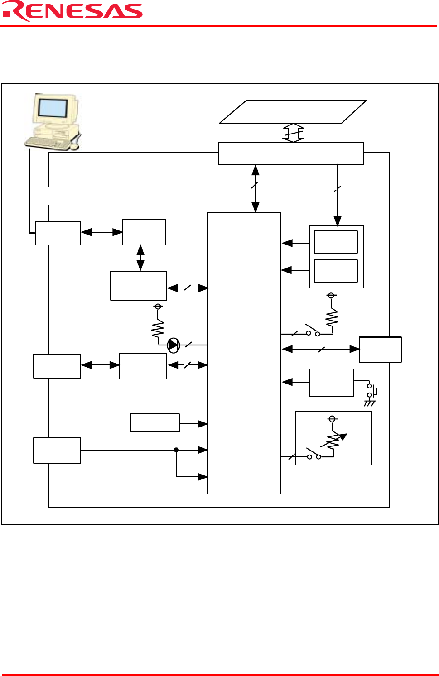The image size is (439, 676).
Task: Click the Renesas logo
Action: coord(72,12)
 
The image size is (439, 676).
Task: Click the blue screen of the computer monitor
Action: coord(53,108)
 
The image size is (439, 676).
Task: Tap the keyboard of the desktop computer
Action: coord(48,143)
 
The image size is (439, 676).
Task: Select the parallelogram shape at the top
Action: coord(293,112)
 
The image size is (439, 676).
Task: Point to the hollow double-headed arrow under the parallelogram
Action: coord(293,133)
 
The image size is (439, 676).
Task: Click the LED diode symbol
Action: coord(173,345)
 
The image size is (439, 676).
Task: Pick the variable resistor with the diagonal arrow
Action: coord(333,441)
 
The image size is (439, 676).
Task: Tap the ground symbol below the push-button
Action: coord(370,403)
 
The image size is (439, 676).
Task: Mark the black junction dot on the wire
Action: coord(176,450)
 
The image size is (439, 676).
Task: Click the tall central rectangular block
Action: coord(244,353)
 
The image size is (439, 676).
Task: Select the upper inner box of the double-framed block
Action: coord(336,242)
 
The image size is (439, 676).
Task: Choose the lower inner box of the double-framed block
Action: coord(336,271)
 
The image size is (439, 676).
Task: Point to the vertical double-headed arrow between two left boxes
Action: coord(140,258)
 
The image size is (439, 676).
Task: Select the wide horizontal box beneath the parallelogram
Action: coord(291,153)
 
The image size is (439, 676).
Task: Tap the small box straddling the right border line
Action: coord(380,350)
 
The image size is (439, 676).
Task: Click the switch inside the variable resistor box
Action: coord(314,454)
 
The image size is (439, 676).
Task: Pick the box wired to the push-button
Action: coord(331,383)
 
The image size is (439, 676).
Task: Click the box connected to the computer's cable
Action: coord(58,233)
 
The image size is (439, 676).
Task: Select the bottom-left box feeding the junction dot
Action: coord(57,451)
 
